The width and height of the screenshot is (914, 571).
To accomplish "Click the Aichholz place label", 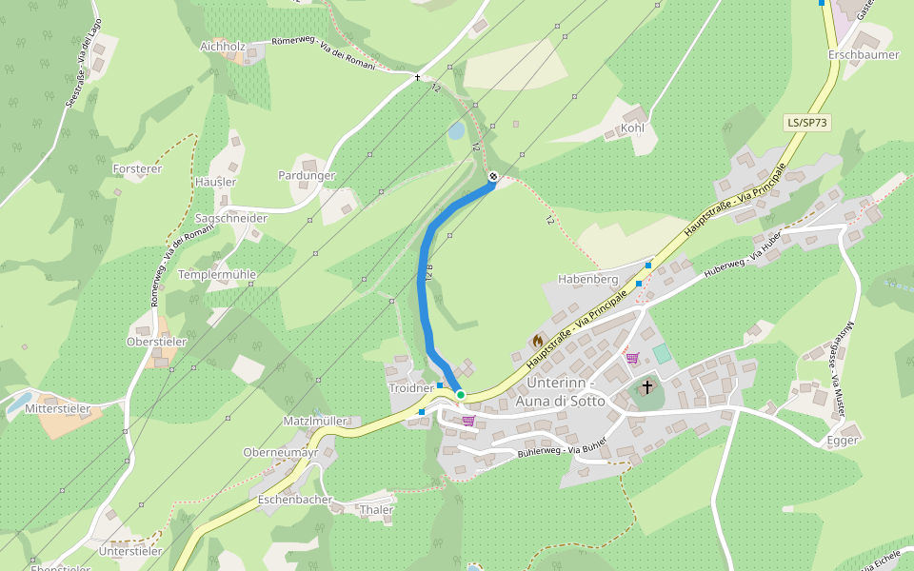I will [223, 46].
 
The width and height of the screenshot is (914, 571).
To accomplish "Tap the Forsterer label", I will [137, 168].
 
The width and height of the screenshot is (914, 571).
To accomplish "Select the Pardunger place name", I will [307, 175].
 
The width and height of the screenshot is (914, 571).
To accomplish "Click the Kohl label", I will [632, 128].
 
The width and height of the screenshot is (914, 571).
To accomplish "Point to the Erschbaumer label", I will [864, 55].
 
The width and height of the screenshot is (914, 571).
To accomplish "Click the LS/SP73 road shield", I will [807, 123].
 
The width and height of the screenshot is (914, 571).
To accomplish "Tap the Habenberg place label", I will [587, 279].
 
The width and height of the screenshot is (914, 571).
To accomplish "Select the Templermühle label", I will [217, 274].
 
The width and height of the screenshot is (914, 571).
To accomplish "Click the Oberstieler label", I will [157, 341].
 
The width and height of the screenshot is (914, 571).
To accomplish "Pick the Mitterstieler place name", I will [58, 408].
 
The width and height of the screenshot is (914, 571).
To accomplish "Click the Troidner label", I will [411, 388].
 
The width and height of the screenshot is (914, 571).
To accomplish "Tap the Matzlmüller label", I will [315, 421].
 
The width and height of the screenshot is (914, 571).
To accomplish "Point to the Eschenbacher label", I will [295, 499].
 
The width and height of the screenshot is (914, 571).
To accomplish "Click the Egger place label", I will [843, 440].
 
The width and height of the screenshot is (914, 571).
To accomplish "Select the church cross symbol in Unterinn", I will [647, 386].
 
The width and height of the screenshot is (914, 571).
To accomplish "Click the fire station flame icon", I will [537, 341].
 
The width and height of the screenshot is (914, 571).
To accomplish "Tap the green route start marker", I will [460, 394].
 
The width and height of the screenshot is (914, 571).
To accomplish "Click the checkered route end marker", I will [493, 176].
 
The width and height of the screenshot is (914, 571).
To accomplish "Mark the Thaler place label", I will [377, 510].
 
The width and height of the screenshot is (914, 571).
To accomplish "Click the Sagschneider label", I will [230, 218].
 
